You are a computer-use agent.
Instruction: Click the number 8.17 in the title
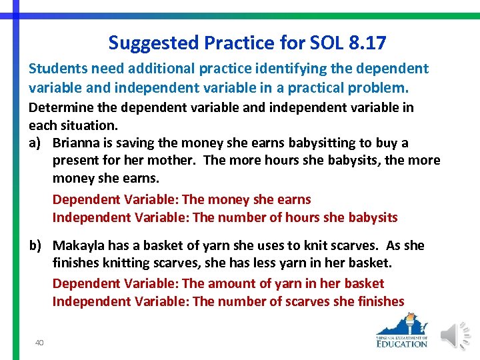pos(367,43)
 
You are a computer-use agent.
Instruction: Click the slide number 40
pos(39,342)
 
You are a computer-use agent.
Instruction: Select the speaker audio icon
pos(457,334)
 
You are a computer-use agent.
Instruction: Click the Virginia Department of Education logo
pos(401,331)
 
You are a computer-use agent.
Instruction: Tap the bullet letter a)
pos(37,143)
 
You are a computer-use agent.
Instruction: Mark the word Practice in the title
pos(241,44)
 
